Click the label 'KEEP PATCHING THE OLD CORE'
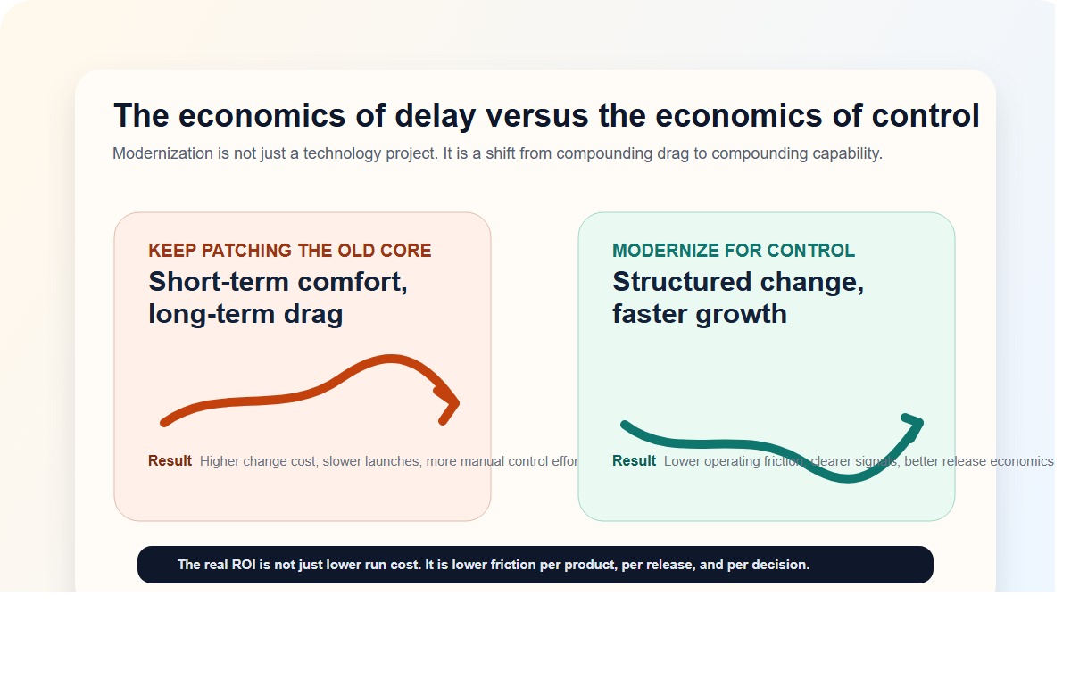point(289,251)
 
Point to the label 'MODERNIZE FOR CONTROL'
point(733,251)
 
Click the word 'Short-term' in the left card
point(219,282)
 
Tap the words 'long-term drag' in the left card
point(245,314)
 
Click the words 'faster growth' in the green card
point(699,314)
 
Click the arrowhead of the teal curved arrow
point(914,424)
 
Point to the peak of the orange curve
point(390,359)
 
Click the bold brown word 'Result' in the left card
point(170,461)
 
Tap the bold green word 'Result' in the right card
point(634,461)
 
